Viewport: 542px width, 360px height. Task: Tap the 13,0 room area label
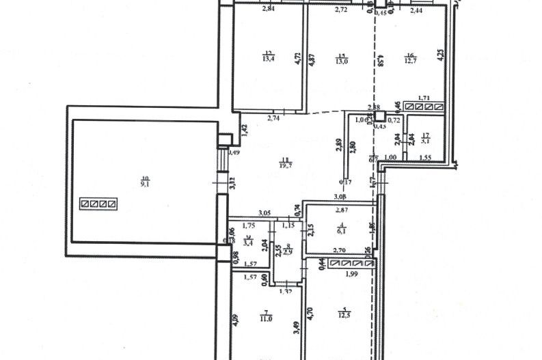[342, 61]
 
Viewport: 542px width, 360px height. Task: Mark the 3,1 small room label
[425, 141]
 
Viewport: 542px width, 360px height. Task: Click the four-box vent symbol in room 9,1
[99, 203]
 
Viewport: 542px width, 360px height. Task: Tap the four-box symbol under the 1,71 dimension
[423, 107]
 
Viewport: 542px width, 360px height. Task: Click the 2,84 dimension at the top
[269, 10]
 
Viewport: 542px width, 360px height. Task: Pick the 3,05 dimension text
[265, 214]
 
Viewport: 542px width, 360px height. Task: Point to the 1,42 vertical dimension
[243, 127]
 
